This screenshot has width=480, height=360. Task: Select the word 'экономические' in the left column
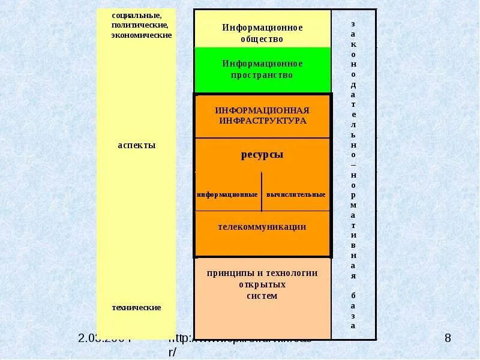(142, 35)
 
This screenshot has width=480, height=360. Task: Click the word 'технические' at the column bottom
(136, 308)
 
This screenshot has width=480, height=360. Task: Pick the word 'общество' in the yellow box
(262, 39)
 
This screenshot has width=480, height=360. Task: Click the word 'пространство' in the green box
(262, 76)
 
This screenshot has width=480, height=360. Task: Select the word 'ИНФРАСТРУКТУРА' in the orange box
(262, 121)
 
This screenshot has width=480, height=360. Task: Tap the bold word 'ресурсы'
(262, 155)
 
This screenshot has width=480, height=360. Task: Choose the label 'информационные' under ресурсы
(227, 194)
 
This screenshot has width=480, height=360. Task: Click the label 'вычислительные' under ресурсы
(296, 194)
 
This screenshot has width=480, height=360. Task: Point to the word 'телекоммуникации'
(262, 227)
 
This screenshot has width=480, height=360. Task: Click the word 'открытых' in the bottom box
(262, 284)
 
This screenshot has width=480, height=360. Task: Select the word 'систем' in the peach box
(262, 296)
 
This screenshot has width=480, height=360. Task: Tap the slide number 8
(447, 339)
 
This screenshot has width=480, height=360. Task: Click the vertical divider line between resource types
(262, 191)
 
